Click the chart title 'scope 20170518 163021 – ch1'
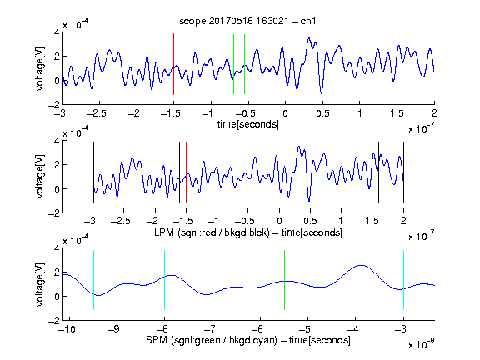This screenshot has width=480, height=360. click(247, 21)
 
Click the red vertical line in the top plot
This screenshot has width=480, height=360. click(173, 64)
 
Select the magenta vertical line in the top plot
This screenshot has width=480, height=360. click(397, 64)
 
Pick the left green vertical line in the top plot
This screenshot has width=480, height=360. click(233, 64)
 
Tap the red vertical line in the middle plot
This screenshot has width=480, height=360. click(186, 172)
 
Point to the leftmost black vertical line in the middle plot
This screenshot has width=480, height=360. click(93, 172)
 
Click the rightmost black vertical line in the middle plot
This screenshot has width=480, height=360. click(403, 172)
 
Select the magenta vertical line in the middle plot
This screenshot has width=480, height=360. click(372, 172)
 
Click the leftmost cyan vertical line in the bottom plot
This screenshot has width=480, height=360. click(93, 280)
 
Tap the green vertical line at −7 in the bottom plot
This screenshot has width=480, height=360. click(212, 280)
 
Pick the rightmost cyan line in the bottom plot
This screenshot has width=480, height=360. click(403, 280)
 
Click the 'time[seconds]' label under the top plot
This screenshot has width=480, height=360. click(248, 124)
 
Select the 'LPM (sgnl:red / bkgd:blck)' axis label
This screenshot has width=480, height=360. click(212, 232)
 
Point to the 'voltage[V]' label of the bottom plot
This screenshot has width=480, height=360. click(40, 285)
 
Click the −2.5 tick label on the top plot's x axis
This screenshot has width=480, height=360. click(97, 113)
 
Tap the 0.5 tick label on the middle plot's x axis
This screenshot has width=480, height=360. click(310, 221)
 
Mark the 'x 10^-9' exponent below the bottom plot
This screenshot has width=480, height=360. click(422, 343)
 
